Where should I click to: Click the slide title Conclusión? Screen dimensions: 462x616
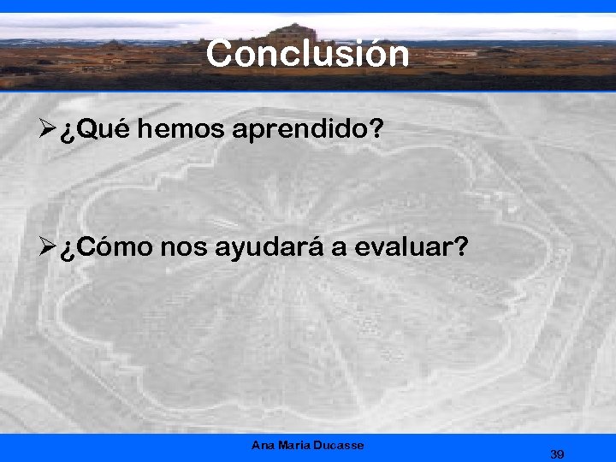tap(307, 54)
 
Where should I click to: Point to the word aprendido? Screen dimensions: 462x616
tap(290, 131)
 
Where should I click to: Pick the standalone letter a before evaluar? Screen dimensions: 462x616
tap(339, 249)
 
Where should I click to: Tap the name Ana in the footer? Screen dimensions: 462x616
tap(264, 445)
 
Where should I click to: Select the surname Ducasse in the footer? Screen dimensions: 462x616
tap(339, 445)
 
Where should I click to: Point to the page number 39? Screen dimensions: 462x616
tap(557, 454)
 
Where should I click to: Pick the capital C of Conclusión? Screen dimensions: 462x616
tap(221, 54)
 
